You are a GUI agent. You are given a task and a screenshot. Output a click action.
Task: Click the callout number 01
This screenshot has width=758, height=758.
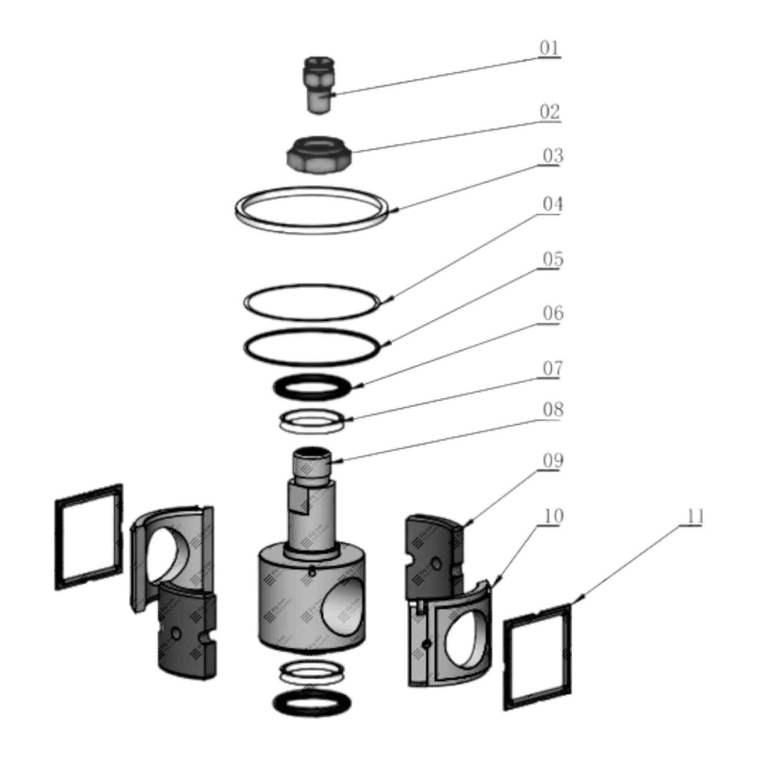pos(549,48)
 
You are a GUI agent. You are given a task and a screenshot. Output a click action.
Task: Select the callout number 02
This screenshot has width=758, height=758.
pos(550,112)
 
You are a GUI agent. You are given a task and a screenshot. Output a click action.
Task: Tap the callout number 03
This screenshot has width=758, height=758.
pos(552,156)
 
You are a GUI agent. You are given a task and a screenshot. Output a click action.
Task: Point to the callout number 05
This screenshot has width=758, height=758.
pos(553,260)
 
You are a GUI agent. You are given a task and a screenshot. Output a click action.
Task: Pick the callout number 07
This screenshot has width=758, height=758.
pos(551,368)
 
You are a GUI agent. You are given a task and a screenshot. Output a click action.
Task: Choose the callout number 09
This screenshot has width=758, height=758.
pos(552,461)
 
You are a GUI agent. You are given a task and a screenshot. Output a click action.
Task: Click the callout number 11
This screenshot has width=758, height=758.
pos(694,517)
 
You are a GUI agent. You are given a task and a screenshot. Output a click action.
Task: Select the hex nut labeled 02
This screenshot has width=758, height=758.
pos(319,157)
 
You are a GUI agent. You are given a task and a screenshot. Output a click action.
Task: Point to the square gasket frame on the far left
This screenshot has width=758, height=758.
pos(89,537)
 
